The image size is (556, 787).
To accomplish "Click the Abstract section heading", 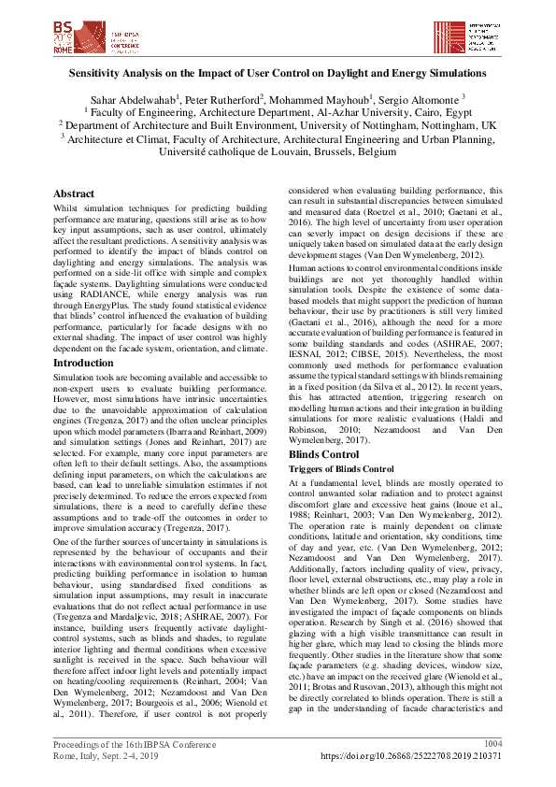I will click(74, 194).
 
